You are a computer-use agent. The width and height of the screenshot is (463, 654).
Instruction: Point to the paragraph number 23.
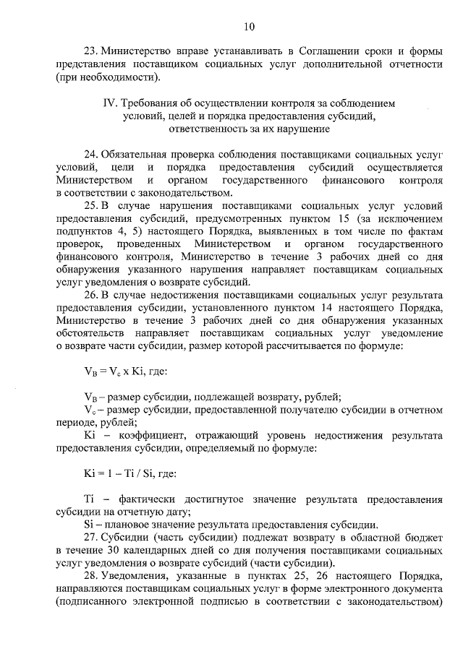point(91,51)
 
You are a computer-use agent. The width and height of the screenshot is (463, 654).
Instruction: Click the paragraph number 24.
point(91,155)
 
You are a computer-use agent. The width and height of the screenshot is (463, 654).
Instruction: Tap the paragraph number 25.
point(91,205)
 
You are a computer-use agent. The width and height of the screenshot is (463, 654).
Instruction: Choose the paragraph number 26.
point(91,295)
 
